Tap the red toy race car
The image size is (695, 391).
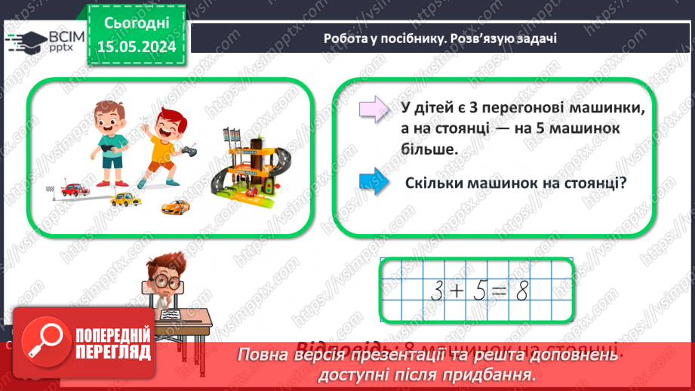(75, 189)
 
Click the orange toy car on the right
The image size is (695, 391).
(175, 205)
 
